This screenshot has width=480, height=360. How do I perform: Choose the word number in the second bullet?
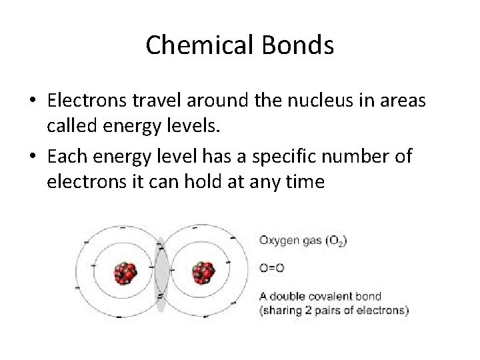(352, 156)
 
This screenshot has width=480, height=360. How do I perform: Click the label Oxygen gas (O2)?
(302, 241)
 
